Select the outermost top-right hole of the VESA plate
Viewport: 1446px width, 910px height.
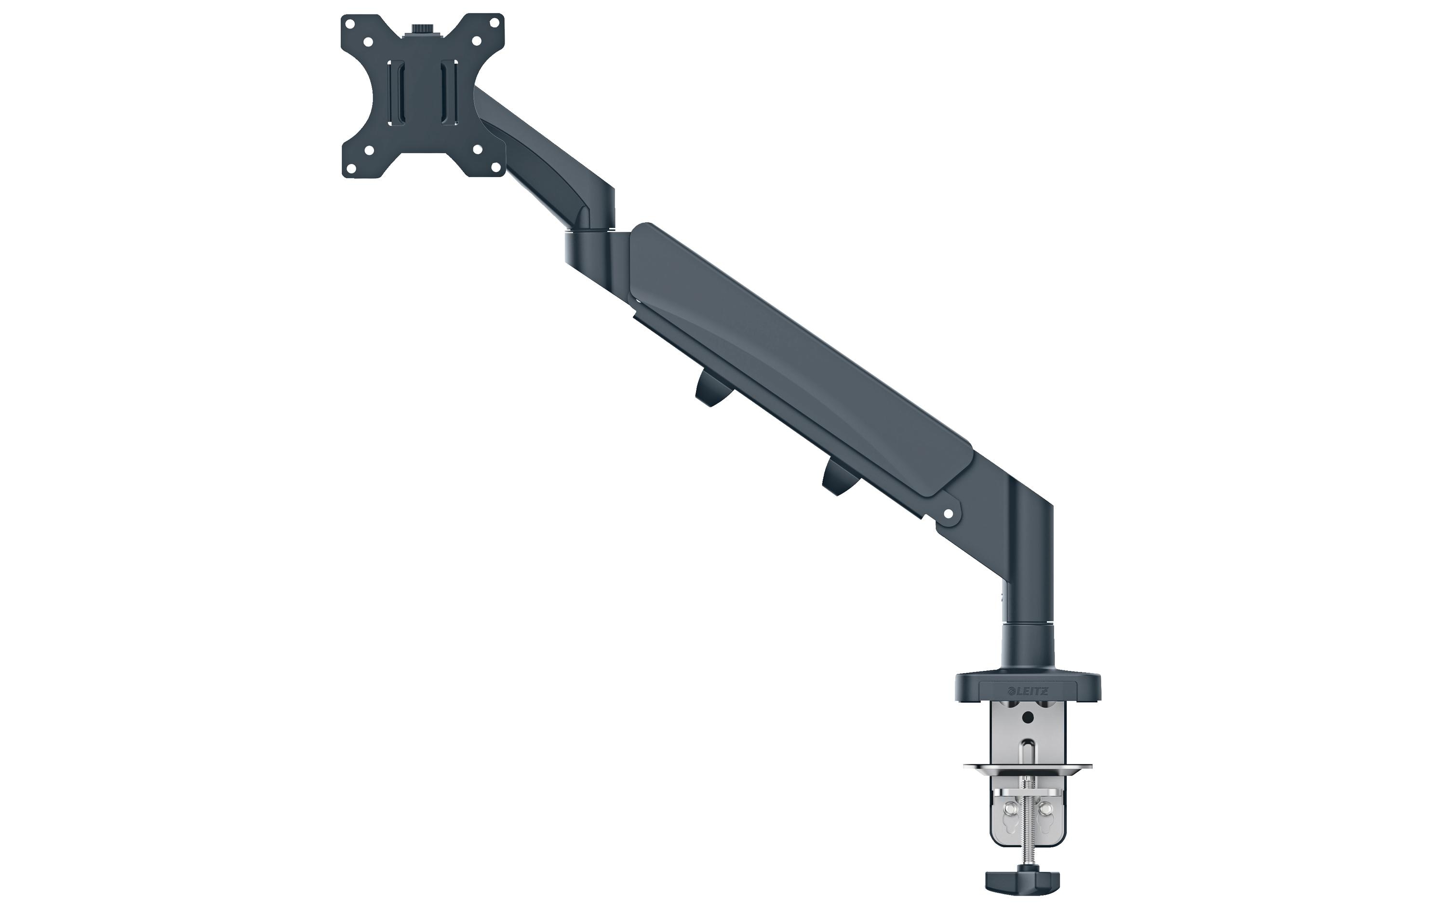pyautogui.click(x=491, y=25)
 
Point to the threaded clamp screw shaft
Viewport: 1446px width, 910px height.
pyautogui.click(x=1028, y=827)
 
